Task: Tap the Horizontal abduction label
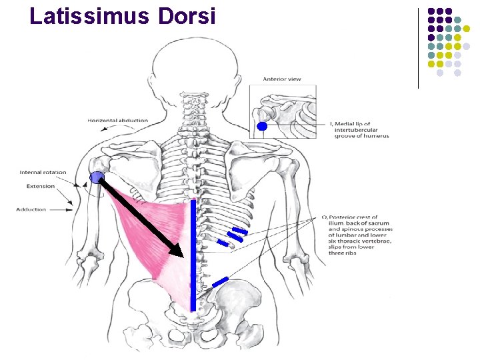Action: [117, 121]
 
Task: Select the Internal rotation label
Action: [43, 172]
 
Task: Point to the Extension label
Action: [41, 186]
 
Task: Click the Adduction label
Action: [31, 209]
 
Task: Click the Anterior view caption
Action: [281, 79]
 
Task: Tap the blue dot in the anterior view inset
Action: [262, 126]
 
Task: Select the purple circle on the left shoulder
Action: [98, 177]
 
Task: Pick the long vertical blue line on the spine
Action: [193, 253]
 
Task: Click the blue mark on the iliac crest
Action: [221, 282]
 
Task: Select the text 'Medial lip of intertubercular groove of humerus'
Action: [360, 129]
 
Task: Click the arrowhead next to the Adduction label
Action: [70, 209]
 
